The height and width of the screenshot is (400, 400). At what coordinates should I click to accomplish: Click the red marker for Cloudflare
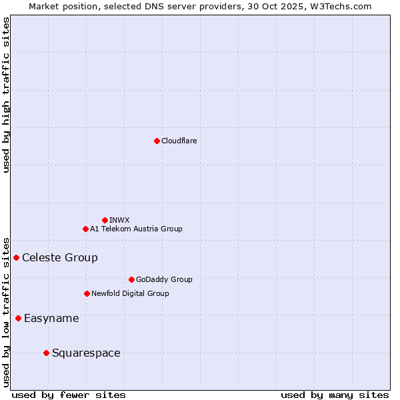[x=157, y=141]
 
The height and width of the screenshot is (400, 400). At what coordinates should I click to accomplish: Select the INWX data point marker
[x=105, y=220]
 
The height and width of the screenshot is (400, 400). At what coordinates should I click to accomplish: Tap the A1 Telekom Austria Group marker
[x=85, y=229]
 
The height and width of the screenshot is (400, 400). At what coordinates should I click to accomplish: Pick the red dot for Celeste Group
[x=16, y=257]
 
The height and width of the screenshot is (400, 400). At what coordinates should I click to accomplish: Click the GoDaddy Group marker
[x=131, y=279]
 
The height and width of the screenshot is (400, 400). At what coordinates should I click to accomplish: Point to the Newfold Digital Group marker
[x=87, y=293]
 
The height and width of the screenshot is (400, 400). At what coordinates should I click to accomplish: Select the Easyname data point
[x=18, y=318]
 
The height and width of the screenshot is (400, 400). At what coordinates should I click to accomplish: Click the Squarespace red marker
[x=46, y=353]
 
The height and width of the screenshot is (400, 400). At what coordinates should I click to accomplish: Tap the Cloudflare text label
[x=179, y=141]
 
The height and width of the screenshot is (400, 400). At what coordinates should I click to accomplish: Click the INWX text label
[x=119, y=220]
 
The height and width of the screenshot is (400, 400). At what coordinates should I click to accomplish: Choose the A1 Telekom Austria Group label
[x=136, y=229]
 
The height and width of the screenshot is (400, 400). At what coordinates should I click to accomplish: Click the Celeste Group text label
[x=60, y=257]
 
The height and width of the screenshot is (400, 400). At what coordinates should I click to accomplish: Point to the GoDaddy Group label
[x=164, y=279]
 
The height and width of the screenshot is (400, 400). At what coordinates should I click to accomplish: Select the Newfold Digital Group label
[x=130, y=293]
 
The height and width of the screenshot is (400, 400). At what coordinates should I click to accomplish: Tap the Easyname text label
[x=51, y=318]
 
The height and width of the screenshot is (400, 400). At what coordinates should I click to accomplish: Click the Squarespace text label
[x=86, y=353]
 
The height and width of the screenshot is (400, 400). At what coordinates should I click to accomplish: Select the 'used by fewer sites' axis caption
[x=69, y=395]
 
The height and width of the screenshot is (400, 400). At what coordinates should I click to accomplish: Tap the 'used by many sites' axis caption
[x=335, y=395]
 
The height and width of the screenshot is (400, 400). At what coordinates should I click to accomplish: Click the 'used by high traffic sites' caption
[x=7, y=95]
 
